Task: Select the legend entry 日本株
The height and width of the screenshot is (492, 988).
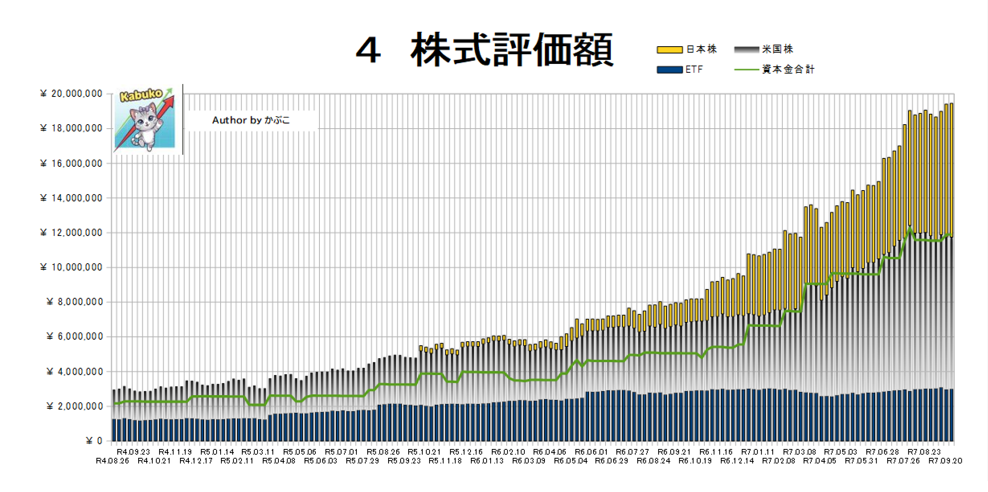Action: pos(701,49)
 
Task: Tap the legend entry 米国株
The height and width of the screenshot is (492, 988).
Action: pos(777,49)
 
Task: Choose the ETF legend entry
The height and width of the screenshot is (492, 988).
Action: pos(693,70)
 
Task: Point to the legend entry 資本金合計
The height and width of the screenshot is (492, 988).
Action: pos(788,70)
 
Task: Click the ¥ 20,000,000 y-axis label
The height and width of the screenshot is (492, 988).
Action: pos(72,94)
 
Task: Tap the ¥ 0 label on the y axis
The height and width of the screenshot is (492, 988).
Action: pos(94,441)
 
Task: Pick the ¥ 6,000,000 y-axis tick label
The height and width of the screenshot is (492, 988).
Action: pos(75,336)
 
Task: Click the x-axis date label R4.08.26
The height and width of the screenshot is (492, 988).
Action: pos(113,461)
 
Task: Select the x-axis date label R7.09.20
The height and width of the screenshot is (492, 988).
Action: pos(945,461)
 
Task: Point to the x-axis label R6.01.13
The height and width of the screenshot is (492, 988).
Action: pos(487,461)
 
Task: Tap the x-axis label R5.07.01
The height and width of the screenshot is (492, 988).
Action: pos(341,452)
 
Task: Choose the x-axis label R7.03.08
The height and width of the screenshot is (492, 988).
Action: pos(800,452)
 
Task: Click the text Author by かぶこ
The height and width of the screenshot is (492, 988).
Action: pos(251,120)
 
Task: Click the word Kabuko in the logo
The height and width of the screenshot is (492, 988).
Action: pos(141,95)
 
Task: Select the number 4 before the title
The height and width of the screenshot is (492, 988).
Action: pos(368,51)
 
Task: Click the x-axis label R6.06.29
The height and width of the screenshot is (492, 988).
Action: pos(612,461)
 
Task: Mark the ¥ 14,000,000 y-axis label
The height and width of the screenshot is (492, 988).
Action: pos(72,198)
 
